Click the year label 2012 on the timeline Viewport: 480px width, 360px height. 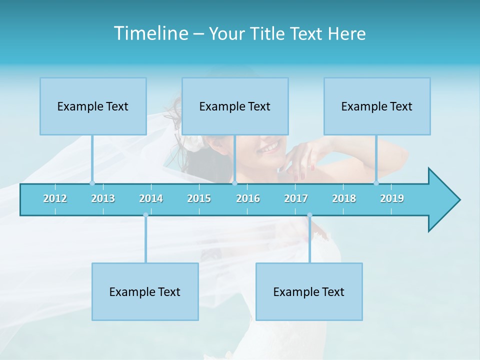point(55,198)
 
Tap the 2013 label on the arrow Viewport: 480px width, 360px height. point(103,198)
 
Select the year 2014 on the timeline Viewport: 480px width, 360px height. point(151,198)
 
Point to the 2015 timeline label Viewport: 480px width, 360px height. point(199,198)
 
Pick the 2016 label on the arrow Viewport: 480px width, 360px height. point(248,198)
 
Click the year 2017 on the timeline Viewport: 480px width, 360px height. point(296,198)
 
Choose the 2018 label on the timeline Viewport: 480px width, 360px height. point(344,198)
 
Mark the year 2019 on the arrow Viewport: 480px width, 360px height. point(392,198)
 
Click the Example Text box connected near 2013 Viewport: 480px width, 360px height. point(93,106)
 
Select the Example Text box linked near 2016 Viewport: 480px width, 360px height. point(235,106)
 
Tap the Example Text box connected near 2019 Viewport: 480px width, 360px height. point(377,106)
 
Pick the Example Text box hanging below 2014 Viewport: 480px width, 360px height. point(145,291)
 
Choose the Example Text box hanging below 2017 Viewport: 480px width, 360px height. point(309,291)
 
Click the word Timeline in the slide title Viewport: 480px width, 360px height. point(150,33)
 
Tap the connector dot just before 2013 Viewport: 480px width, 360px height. point(92,183)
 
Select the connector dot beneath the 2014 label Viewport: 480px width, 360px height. point(145,215)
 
